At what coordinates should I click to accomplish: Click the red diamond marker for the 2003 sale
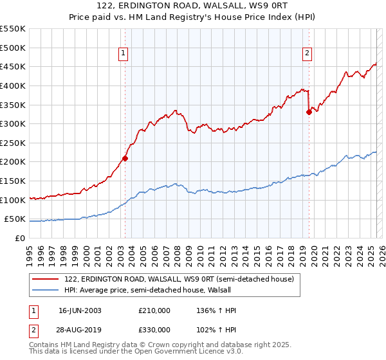(x=125, y=158)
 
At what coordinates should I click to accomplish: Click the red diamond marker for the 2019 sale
(x=309, y=112)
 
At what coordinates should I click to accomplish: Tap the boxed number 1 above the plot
(x=123, y=53)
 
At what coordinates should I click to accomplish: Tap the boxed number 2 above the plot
(x=308, y=53)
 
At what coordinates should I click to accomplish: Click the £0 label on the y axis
(x=20, y=238)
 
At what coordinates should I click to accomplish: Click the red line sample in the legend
(x=46, y=279)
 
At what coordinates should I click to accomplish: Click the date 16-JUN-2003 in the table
(x=80, y=310)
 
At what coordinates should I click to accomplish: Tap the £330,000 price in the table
(x=154, y=329)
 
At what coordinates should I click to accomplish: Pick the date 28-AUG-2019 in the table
(x=80, y=329)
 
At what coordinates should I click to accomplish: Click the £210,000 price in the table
(x=154, y=310)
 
